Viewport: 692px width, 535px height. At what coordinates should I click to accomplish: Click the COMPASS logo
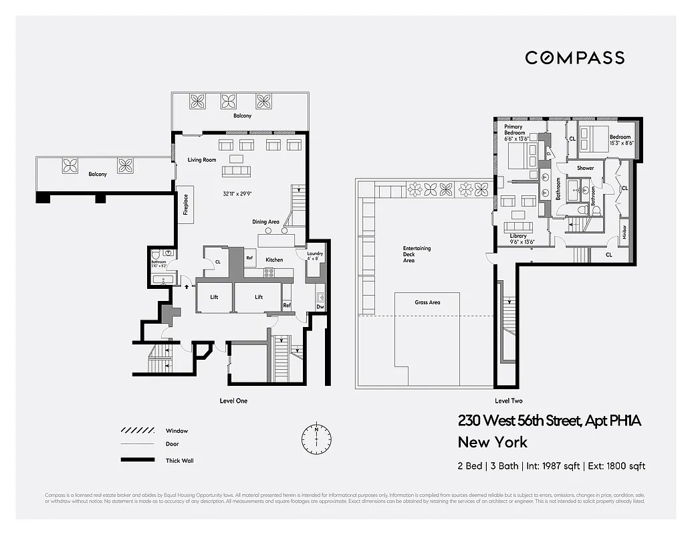574,58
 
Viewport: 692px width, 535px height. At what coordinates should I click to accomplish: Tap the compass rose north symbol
316,439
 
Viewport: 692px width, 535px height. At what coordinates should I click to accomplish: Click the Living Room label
203,160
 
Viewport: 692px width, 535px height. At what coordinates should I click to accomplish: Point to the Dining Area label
265,222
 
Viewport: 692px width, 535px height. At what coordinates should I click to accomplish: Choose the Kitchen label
274,259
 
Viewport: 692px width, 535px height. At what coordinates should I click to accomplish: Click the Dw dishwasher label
320,307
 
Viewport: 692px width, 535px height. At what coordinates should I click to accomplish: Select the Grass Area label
427,302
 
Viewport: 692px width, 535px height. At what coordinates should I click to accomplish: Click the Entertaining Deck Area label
417,254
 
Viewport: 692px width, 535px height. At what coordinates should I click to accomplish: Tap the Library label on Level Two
517,235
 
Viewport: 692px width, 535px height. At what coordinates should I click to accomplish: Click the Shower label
585,168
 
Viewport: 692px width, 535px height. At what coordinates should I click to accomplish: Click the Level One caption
233,401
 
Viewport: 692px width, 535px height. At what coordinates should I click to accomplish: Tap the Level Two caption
508,401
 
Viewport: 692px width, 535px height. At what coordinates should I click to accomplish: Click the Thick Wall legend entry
180,460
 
